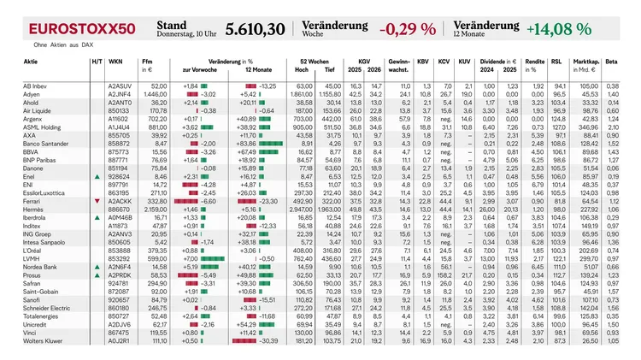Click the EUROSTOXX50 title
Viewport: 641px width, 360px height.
click(82, 28)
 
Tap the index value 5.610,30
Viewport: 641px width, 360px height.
click(256, 29)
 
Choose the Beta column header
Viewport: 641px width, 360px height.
click(611, 63)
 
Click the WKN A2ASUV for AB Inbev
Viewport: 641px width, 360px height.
click(121, 86)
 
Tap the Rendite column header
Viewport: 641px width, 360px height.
click(536, 63)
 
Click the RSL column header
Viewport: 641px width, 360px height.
click(556, 63)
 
